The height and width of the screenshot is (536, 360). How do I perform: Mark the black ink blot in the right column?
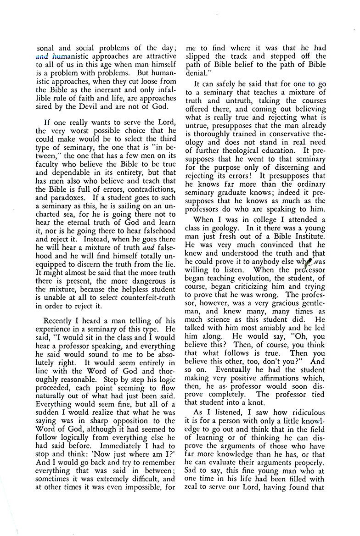point(309,261)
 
